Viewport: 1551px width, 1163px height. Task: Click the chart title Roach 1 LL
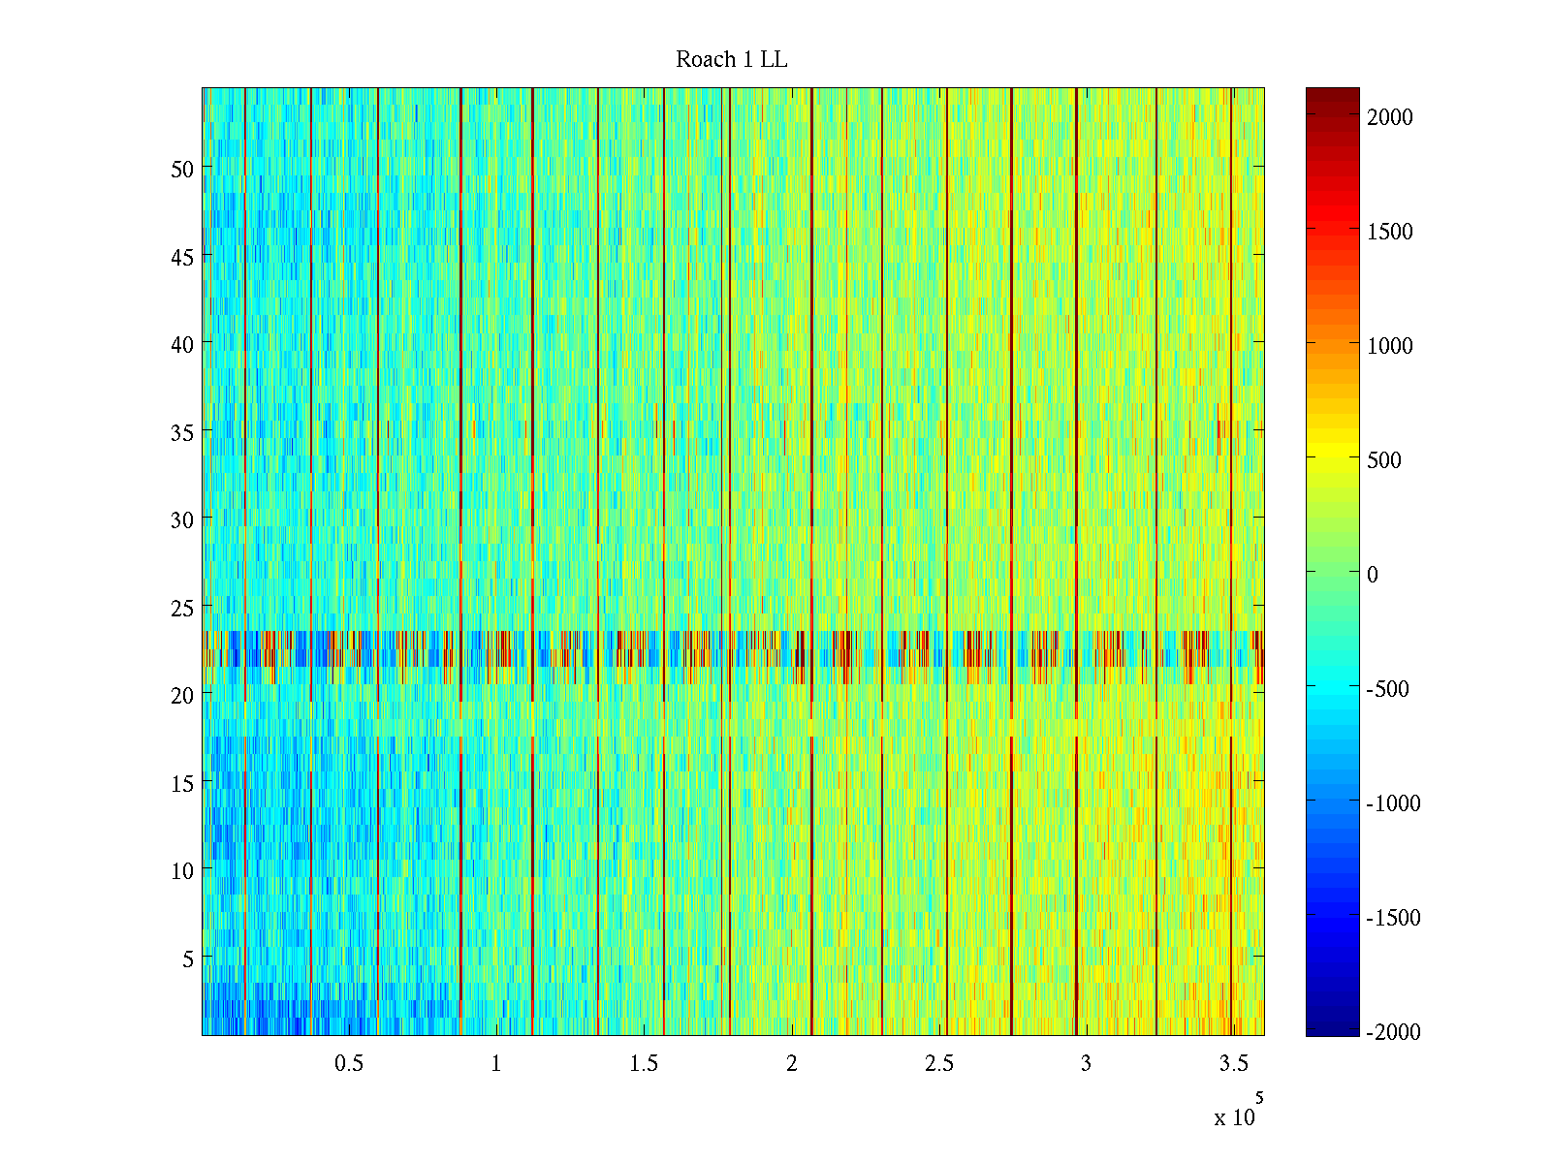732,60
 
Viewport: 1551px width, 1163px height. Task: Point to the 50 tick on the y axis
182,169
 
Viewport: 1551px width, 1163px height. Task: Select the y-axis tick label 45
182,257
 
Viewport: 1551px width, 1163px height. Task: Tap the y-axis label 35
182,432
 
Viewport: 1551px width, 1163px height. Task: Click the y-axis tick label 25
182,608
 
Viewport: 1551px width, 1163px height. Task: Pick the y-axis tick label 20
182,695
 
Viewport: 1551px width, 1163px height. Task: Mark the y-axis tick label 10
182,871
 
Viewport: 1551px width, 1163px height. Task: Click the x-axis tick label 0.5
349,1064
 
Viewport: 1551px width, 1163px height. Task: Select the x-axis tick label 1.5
644,1064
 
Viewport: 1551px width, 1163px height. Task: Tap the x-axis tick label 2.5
938,1064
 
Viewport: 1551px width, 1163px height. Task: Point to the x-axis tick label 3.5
1233,1064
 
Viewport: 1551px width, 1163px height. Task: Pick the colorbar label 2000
1390,117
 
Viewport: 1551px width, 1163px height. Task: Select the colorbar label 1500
1390,232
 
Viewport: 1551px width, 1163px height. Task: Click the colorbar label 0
1373,575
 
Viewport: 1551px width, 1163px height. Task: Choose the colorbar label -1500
1393,918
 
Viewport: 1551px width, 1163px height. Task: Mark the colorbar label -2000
1393,1032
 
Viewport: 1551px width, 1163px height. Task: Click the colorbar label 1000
1390,346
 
